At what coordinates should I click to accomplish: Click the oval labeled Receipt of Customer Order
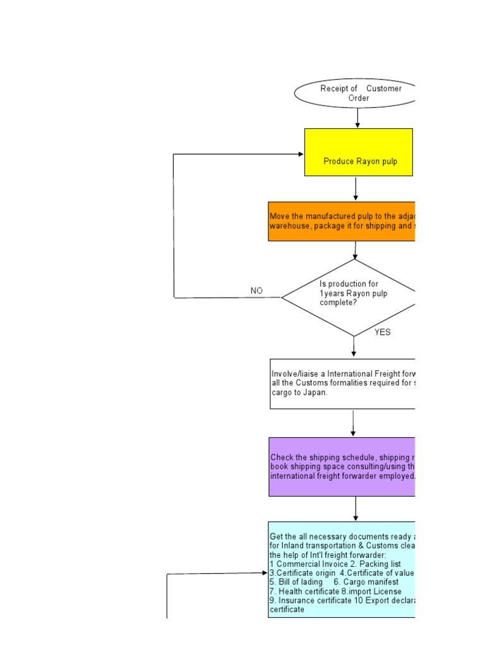tap(357, 94)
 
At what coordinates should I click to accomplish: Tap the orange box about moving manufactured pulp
tap(342, 221)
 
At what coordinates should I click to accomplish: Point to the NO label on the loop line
tap(256, 291)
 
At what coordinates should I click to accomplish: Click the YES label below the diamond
tap(383, 332)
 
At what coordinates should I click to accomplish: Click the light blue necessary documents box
tap(342, 569)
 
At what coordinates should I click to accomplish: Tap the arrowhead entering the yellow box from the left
tap(301, 154)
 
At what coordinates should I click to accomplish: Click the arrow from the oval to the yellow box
tap(357, 118)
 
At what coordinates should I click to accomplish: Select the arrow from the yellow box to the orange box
tap(356, 189)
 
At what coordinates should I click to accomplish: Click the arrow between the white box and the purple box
tap(353, 423)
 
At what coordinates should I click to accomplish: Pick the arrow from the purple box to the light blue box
tap(356, 509)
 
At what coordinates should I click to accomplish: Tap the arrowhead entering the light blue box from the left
tap(265, 573)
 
